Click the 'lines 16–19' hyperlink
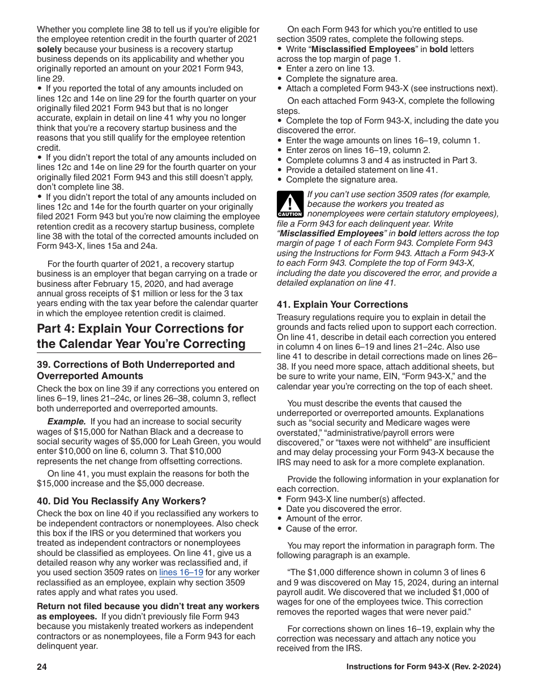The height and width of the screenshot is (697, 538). (181, 572)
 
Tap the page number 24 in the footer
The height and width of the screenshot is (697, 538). (42, 667)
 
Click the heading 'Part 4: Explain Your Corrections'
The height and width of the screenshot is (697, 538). (140, 329)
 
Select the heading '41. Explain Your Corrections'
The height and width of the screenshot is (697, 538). (342, 304)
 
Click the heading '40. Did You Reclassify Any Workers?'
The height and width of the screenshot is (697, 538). (121, 501)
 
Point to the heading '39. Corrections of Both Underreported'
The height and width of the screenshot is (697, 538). (135, 364)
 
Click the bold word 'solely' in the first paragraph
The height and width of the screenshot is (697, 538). (49, 49)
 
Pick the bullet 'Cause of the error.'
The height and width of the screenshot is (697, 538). (321, 529)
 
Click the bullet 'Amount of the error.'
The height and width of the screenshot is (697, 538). (324, 518)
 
